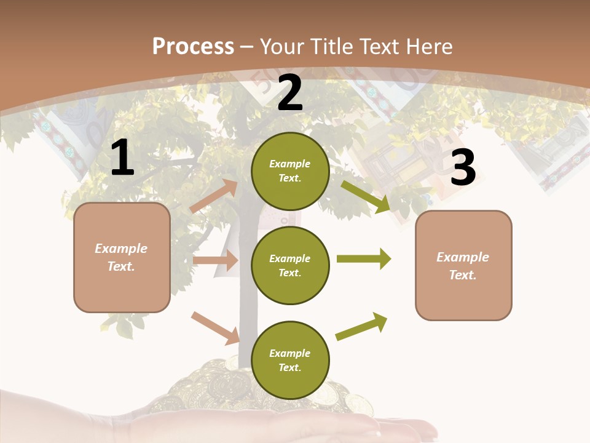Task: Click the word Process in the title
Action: (193, 46)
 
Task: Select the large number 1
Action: (122, 158)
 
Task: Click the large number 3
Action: (463, 168)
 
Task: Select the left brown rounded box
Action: (122, 257)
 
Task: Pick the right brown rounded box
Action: (463, 265)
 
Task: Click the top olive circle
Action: (290, 171)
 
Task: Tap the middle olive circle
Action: (290, 265)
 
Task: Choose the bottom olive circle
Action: (290, 360)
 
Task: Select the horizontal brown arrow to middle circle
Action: (215, 260)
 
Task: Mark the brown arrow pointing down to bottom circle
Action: (216, 328)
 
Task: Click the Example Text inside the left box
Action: (121, 257)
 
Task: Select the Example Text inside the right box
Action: (463, 266)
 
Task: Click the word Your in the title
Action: (283, 46)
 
